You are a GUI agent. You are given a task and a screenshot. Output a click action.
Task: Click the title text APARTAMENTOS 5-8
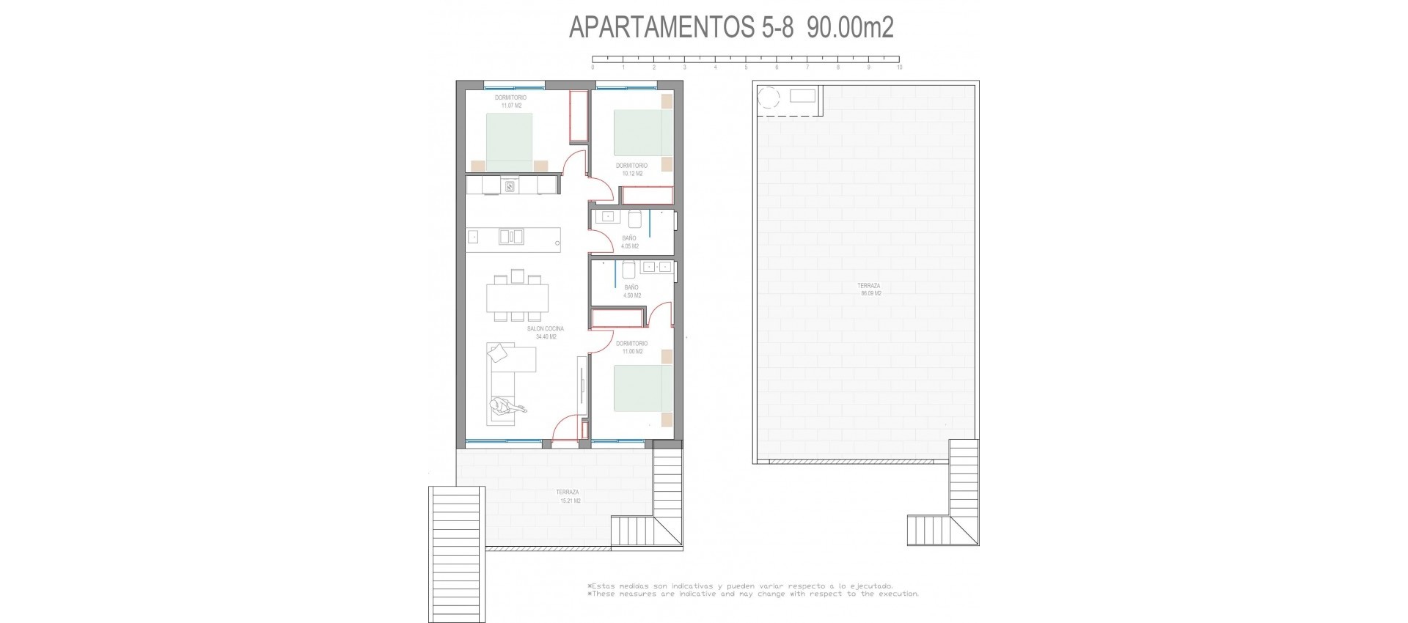coord(681,28)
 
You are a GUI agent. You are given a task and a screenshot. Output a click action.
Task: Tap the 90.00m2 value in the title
coord(850,28)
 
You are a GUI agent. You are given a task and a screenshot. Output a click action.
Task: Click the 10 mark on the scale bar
coord(899,67)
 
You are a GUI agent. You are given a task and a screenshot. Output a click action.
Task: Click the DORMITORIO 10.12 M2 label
coord(631,169)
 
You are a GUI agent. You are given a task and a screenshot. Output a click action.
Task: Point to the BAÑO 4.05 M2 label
coord(630,242)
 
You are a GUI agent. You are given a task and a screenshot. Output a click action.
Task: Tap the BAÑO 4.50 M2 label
coord(632,292)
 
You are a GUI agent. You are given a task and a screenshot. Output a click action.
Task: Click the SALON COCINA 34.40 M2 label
coord(546,333)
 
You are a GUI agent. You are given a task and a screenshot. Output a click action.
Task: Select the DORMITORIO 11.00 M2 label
coord(631,347)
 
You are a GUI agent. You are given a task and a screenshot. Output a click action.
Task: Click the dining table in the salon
coord(517,298)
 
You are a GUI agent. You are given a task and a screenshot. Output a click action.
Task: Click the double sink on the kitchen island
coord(511,237)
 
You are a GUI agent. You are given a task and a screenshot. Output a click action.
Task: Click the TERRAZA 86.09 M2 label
coord(870,290)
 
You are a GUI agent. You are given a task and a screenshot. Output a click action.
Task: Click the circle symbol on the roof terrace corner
coord(769,97)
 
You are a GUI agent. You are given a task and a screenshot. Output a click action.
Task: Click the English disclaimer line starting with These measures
coord(752,594)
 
